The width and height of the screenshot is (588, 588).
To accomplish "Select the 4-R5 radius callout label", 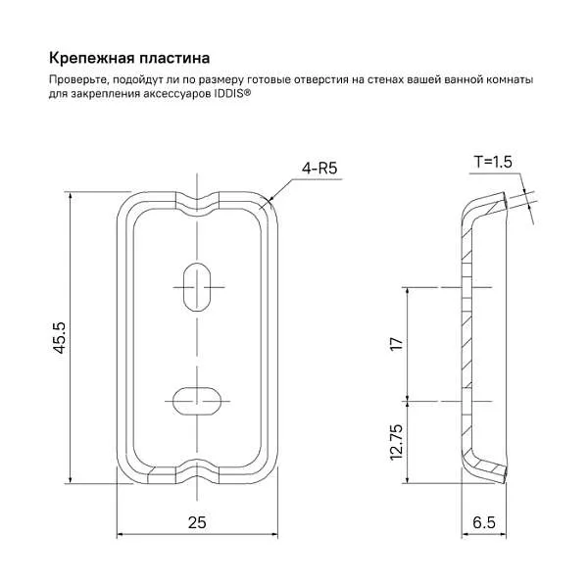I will [x=319, y=169].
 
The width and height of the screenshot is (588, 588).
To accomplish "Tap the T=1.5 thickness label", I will [x=493, y=162].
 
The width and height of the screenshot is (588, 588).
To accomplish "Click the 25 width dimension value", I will [x=197, y=523].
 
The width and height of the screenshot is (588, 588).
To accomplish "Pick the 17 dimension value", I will [x=396, y=344].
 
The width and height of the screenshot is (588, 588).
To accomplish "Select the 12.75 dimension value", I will [x=396, y=442].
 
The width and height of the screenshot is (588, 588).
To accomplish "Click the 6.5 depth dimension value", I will [x=483, y=523].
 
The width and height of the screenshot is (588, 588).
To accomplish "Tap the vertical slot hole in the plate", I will [x=198, y=286].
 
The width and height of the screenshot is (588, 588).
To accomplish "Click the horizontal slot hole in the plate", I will [x=198, y=399].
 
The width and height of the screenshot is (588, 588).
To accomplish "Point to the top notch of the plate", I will [x=198, y=201].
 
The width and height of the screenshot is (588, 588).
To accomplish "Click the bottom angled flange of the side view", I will [x=486, y=469].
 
